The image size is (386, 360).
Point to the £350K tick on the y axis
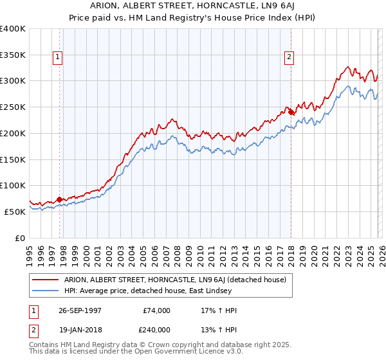tap(13, 55)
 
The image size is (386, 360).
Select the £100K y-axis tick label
tap(13, 185)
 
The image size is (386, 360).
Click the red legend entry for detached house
tap(179, 279)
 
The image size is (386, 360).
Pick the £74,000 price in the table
tap(157, 310)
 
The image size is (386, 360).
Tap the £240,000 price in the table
tap(156, 329)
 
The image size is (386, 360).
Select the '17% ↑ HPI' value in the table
tap(219, 310)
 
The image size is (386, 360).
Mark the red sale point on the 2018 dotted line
tap(291, 112)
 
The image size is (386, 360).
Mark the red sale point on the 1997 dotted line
tap(60, 199)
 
